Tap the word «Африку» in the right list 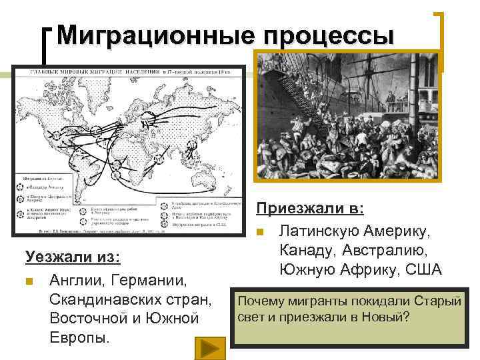(x=369, y=270)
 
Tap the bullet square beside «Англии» (x=29, y=279)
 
